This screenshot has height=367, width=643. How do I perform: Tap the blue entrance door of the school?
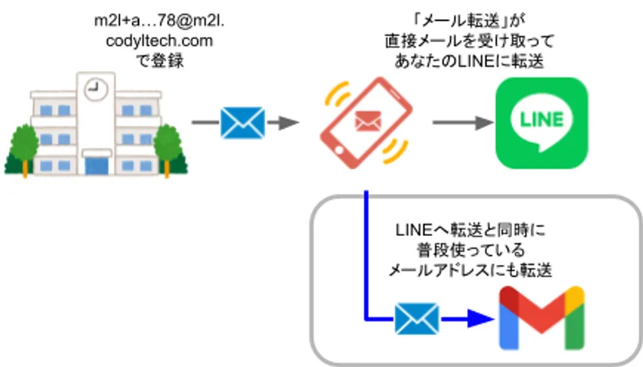(97, 164)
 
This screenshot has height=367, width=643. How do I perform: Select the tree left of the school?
(23, 146)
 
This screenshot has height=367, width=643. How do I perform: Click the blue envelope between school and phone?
(242, 123)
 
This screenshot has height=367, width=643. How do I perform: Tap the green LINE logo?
(541, 122)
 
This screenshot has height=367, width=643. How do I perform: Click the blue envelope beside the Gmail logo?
(416, 319)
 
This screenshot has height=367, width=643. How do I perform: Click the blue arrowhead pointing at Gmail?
(478, 319)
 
